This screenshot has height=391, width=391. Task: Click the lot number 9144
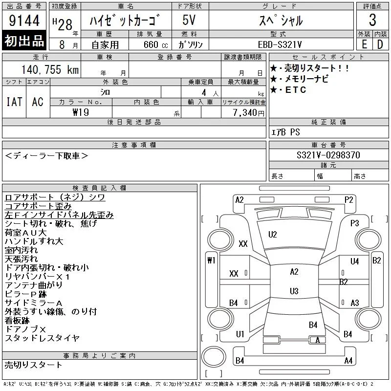coord(24,21)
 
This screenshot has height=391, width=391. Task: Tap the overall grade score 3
coord(372,20)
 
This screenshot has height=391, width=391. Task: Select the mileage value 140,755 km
coord(50,69)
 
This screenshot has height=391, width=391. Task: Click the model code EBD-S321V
coord(280,44)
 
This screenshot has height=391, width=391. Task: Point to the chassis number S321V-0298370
coord(328,155)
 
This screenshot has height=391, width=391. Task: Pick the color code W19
coord(81,112)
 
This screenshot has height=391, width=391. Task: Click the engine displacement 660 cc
coord(155,44)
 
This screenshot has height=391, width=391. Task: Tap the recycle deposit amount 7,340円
coord(249,113)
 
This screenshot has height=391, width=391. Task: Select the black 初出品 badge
coord(24,41)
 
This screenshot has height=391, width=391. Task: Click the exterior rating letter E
coord(364,44)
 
